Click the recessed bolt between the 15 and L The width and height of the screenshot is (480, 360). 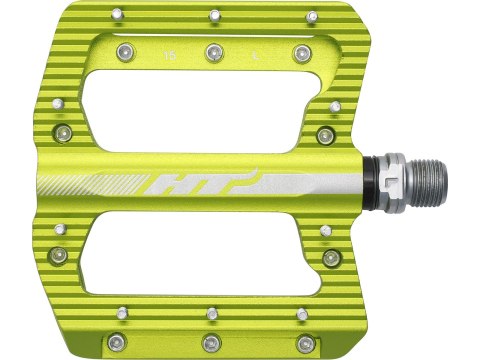212,52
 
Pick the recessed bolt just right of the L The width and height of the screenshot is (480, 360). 302,52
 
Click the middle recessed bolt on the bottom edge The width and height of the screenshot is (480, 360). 212,339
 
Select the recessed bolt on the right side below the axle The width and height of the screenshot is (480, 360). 331,258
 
